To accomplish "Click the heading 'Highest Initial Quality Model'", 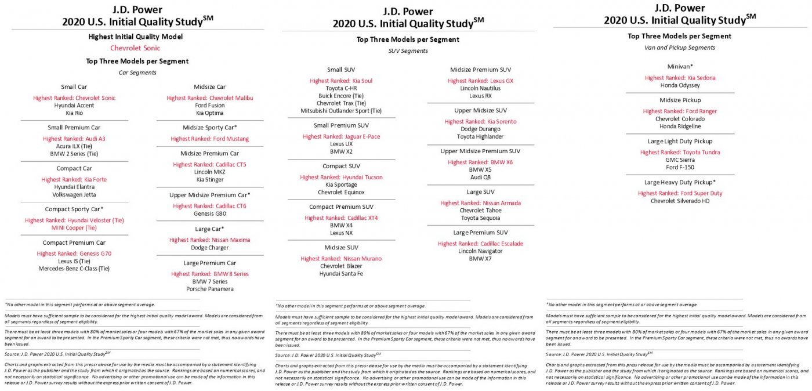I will click(135, 36).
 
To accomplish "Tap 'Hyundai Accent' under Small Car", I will click(74, 106).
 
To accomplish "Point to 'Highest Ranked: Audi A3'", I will click(74, 139).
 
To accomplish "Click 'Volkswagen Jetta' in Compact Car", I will click(74, 195).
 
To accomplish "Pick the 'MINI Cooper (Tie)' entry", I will click(74, 228).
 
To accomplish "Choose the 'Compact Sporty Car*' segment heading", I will click(74, 209).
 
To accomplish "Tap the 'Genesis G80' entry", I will click(209, 213).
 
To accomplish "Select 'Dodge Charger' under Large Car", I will click(209, 248).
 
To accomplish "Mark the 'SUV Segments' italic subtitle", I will click(407, 51).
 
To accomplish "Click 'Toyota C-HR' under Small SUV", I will click(341, 88).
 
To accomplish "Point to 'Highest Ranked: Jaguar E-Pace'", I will click(341, 136).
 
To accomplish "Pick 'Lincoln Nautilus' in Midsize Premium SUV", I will click(480, 88).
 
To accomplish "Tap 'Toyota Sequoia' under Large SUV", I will click(480, 218).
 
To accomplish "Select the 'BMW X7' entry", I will click(480, 259).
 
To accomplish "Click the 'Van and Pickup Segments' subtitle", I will click(679, 48).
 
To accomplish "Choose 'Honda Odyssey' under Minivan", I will click(680, 85).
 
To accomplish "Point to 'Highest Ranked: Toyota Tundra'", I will click(680, 152).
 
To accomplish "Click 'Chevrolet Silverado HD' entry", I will click(680, 201).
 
